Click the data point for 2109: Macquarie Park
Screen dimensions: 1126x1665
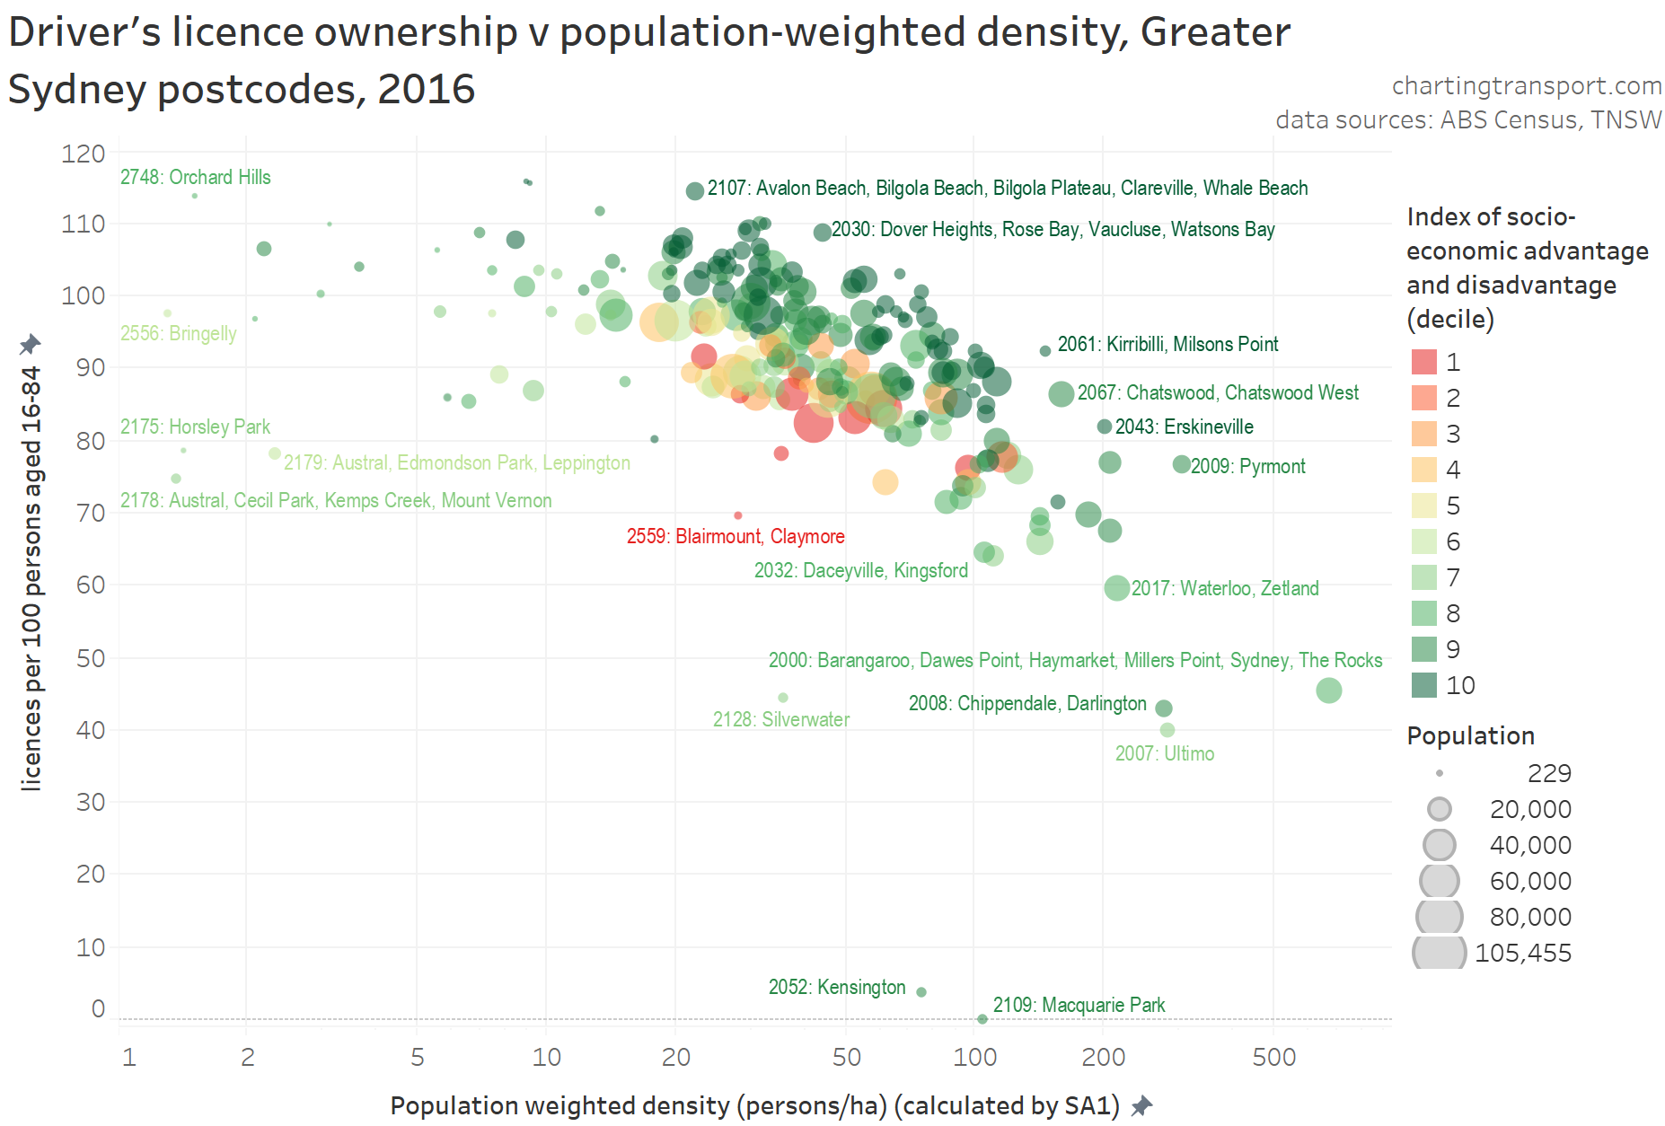(982, 1019)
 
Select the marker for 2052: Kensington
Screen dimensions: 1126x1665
(921, 992)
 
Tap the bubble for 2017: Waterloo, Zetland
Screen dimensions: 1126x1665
(1116, 588)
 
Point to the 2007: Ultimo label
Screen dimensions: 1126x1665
(1165, 753)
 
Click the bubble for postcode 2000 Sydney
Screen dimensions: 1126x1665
(1329, 691)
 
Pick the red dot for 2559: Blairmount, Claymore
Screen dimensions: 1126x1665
(738, 515)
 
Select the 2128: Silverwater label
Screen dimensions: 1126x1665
(780, 719)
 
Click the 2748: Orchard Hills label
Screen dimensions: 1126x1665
(196, 177)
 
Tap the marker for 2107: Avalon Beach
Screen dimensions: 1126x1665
(694, 190)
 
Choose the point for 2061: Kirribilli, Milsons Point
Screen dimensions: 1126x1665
(1045, 351)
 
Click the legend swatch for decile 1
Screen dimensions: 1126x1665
(1424, 362)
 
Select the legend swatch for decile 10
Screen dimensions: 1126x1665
(1424, 685)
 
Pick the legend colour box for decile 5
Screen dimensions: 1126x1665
(1424, 506)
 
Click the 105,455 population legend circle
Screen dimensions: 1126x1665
(1440, 952)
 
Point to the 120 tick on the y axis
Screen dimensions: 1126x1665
(84, 154)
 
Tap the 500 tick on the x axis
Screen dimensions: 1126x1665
(1273, 1057)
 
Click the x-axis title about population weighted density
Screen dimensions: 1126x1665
(754, 1105)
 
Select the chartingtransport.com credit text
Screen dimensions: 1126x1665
(1527, 85)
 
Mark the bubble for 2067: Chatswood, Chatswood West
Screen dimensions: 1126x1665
(1062, 393)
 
